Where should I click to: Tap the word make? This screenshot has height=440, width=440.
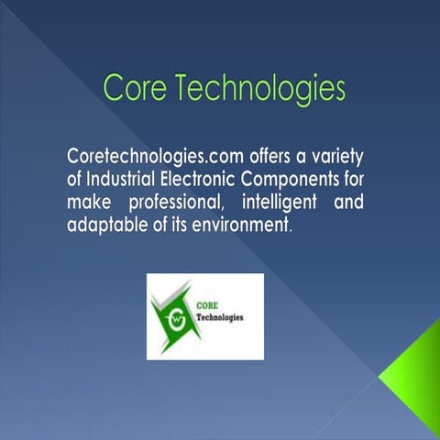tap(88, 200)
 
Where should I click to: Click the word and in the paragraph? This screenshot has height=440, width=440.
tap(352, 200)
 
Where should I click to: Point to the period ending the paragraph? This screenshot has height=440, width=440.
tap(291, 228)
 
